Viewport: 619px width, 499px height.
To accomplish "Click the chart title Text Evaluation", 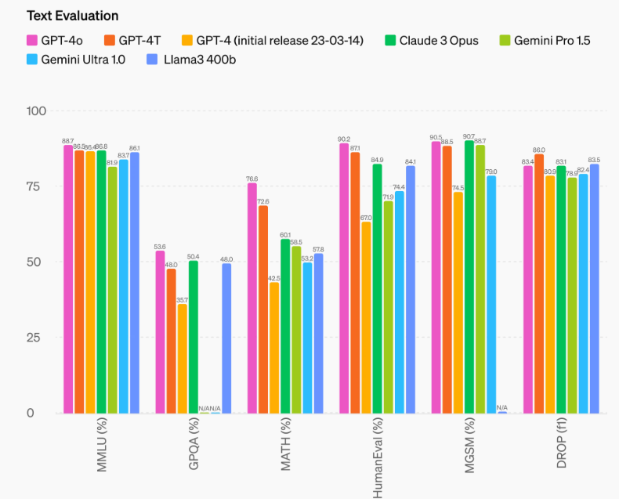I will pyautogui.click(x=72, y=16).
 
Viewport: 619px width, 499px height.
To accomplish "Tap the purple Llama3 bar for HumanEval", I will pyautogui.click(x=411, y=289).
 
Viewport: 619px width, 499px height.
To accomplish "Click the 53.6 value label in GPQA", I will pyautogui.click(x=160, y=247).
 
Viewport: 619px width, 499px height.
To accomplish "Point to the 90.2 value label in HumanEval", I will pyautogui.click(x=344, y=139).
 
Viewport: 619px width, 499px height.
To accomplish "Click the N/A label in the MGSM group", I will pyautogui.click(x=502, y=407).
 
